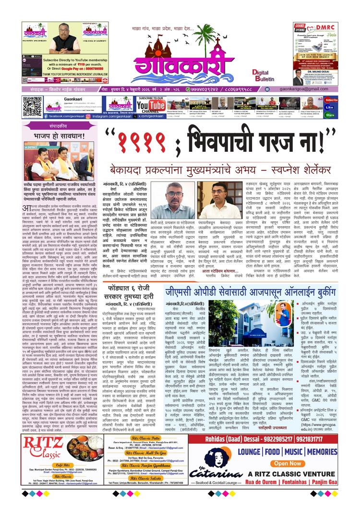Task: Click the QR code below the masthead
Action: pos(32,107)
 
